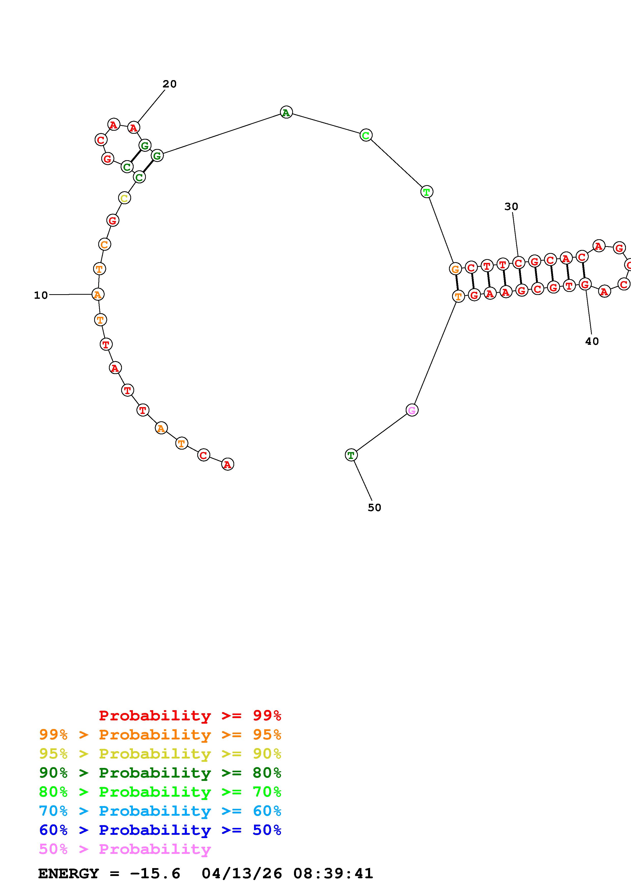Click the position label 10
(41, 295)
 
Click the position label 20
(170, 84)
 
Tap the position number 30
(511, 207)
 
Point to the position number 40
(592, 341)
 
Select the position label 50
(374, 507)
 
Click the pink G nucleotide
(412, 410)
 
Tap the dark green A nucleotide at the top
(286, 112)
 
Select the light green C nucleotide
(366, 135)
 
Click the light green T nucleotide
(427, 191)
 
